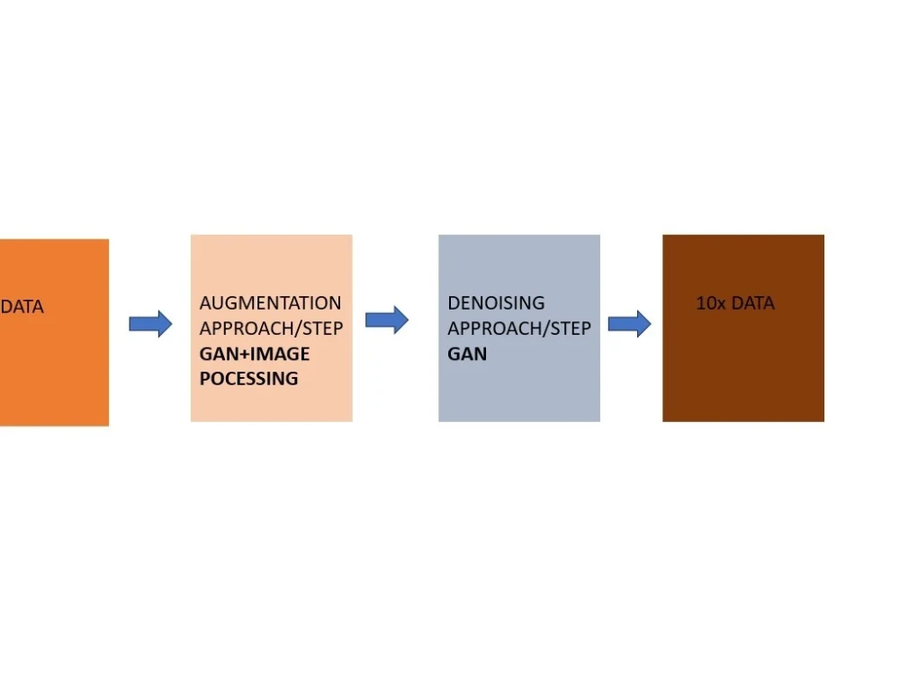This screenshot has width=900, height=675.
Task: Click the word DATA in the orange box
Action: coord(22,307)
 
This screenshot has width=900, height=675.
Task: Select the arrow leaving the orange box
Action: coord(150,324)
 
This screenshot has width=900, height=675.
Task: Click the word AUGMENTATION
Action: coord(270,302)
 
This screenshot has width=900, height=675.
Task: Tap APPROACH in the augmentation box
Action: coord(247,328)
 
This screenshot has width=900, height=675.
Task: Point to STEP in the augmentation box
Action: coord(322,328)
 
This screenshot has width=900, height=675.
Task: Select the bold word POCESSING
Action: coord(248,379)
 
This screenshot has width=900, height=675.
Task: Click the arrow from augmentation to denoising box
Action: coord(387,319)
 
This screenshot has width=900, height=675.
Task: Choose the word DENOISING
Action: coord(496,302)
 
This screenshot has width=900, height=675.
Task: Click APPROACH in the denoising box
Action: coord(495,328)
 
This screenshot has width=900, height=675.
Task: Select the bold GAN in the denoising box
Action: coord(467,354)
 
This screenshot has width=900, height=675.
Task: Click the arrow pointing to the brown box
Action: coord(630,324)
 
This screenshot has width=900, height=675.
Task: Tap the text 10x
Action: coord(711,302)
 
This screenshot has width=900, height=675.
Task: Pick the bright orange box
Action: coord(55,332)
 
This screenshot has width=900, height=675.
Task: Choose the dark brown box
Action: coord(743,328)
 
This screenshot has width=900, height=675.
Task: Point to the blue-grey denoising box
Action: coord(519,328)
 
